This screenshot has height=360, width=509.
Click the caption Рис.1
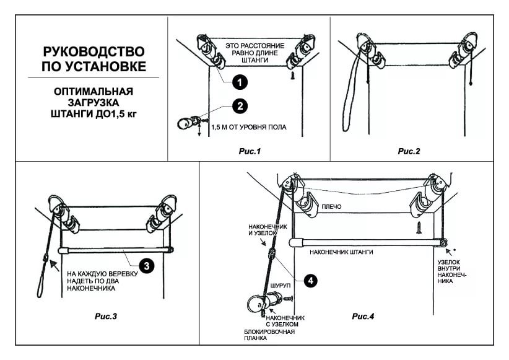(250, 151)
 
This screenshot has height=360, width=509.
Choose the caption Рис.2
(409, 151)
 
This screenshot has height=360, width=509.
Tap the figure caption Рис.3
(105, 317)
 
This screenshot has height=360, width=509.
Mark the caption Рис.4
(363, 317)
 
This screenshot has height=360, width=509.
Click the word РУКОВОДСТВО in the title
(94, 51)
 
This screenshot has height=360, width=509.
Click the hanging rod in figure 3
(115, 250)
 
